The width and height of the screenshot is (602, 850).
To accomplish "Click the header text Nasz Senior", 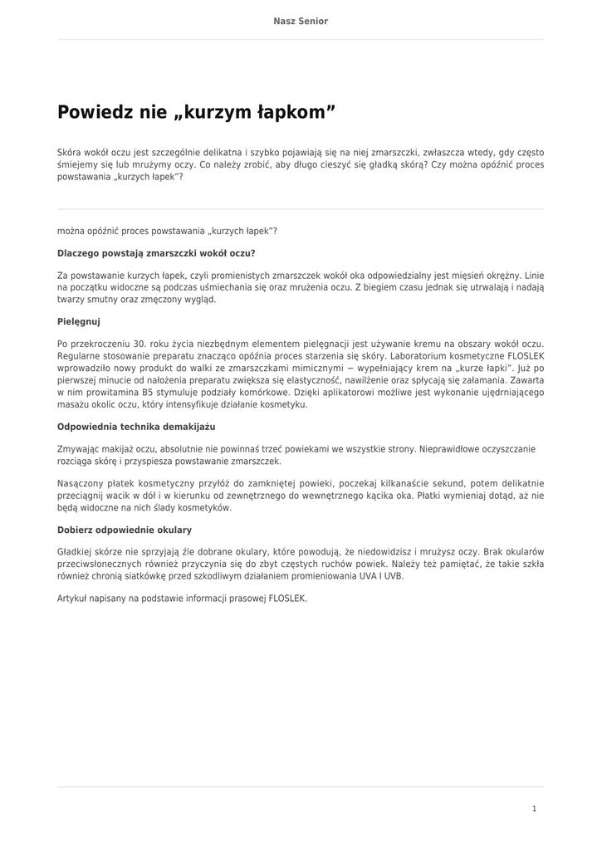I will (301, 21).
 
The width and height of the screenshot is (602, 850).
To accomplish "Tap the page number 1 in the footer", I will (534, 808).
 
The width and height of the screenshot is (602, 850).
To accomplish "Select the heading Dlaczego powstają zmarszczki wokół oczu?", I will (156, 252).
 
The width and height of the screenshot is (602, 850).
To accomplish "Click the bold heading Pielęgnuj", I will (79, 320).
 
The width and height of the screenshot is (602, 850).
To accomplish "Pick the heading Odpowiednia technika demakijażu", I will (136, 427).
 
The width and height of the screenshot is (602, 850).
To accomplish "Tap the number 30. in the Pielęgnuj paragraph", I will (139, 342).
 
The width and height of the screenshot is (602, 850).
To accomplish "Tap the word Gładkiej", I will (76, 551).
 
